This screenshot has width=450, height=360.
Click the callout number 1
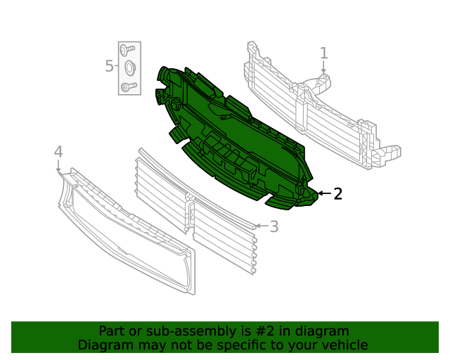click(323, 53)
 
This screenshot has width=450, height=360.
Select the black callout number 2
click(337, 194)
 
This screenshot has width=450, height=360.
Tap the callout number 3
click(274, 226)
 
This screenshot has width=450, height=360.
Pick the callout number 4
click(58, 152)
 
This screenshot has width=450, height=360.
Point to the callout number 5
click(109, 67)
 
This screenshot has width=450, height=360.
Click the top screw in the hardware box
click(127, 50)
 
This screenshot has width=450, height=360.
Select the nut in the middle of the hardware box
click(129, 68)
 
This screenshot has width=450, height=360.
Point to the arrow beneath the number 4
click(58, 167)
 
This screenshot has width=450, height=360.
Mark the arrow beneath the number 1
click(323, 68)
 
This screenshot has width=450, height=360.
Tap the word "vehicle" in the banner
click(344, 345)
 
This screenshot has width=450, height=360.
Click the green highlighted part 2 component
click(232, 141)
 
